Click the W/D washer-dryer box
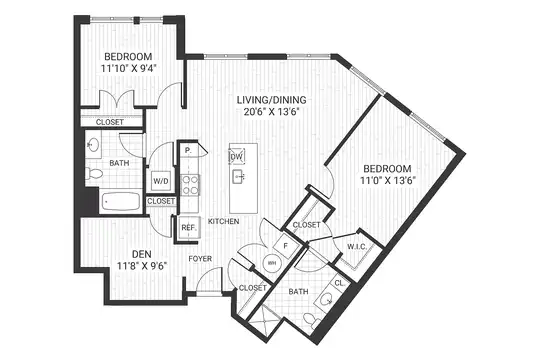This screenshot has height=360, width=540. click(x=161, y=181)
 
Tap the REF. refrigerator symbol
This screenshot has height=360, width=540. click(x=189, y=228)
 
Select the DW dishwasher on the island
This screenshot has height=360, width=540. click(x=237, y=157)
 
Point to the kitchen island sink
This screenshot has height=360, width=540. click(x=239, y=177)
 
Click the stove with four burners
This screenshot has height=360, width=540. click(x=190, y=185)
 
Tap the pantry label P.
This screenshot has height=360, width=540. click(x=188, y=150)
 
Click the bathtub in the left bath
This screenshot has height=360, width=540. click(x=121, y=202)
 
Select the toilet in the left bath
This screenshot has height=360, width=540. click(x=94, y=173)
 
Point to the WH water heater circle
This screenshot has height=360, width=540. click(x=272, y=263)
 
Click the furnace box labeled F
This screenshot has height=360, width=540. click(x=286, y=245)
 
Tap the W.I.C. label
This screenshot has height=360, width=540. click(x=356, y=247)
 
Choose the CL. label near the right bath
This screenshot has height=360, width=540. click(x=340, y=284)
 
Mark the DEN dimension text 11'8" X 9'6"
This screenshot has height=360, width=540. click(x=142, y=266)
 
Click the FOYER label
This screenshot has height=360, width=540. click(x=200, y=259)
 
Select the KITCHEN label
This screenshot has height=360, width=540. click(x=224, y=222)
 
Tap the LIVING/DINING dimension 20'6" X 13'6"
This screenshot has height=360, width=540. click(x=272, y=112)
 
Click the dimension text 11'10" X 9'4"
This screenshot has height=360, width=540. click(x=129, y=68)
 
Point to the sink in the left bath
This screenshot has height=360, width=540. click(x=93, y=145)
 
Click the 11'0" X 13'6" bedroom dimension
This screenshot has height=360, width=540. click(x=388, y=181)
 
